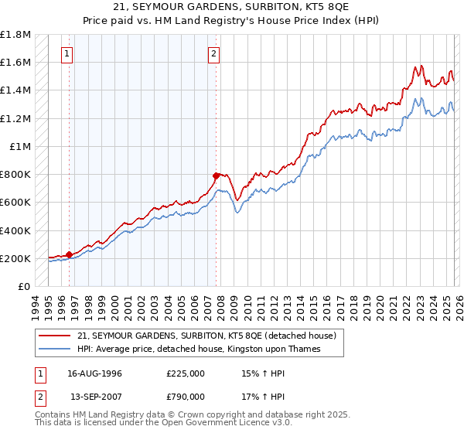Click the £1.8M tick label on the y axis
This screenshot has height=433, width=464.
click(x=15, y=35)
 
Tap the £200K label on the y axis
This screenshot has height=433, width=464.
click(x=15, y=258)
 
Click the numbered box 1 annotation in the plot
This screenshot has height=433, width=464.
click(x=68, y=54)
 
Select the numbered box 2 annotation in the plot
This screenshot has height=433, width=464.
click(x=213, y=54)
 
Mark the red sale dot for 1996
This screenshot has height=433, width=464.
click(x=70, y=254)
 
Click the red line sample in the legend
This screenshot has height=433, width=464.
click(x=56, y=336)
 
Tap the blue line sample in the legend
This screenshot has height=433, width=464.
click(x=56, y=349)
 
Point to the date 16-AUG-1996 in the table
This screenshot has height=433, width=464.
click(x=95, y=373)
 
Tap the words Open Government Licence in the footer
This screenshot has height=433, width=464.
click(x=189, y=424)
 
